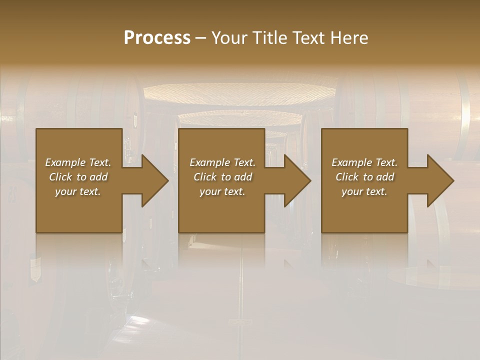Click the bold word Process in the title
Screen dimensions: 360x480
pyautogui.click(x=157, y=38)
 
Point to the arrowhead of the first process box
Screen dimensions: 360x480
pyautogui.click(x=152, y=180)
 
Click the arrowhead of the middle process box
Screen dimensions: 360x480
pyautogui.click(x=295, y=180)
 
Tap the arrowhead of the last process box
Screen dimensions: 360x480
pyautogui.click(x=438, y=180)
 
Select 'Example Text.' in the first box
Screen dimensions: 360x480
pyautogui.click(x=78, y=162)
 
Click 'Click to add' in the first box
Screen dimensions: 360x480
pyautogui.click(x=78, y=177)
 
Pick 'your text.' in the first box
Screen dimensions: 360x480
pyautogui.click(x=78, y=191)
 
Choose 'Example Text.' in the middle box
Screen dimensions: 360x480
pyautogui.click(x=222, y=162)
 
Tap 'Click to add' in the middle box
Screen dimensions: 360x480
pyautogui.click(x=222, y=177)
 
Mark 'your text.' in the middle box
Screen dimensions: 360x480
pyautogui.click(x=222, y=191)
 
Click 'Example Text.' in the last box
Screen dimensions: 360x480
pyautogui.click(x=364, y=162)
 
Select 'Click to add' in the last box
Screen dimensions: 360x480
pyautogui.click(x=364, y=177)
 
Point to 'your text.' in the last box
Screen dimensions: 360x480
pyautogui.click(x=364, y=191)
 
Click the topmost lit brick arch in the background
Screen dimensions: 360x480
pyautogui.click(x=240, y=93)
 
